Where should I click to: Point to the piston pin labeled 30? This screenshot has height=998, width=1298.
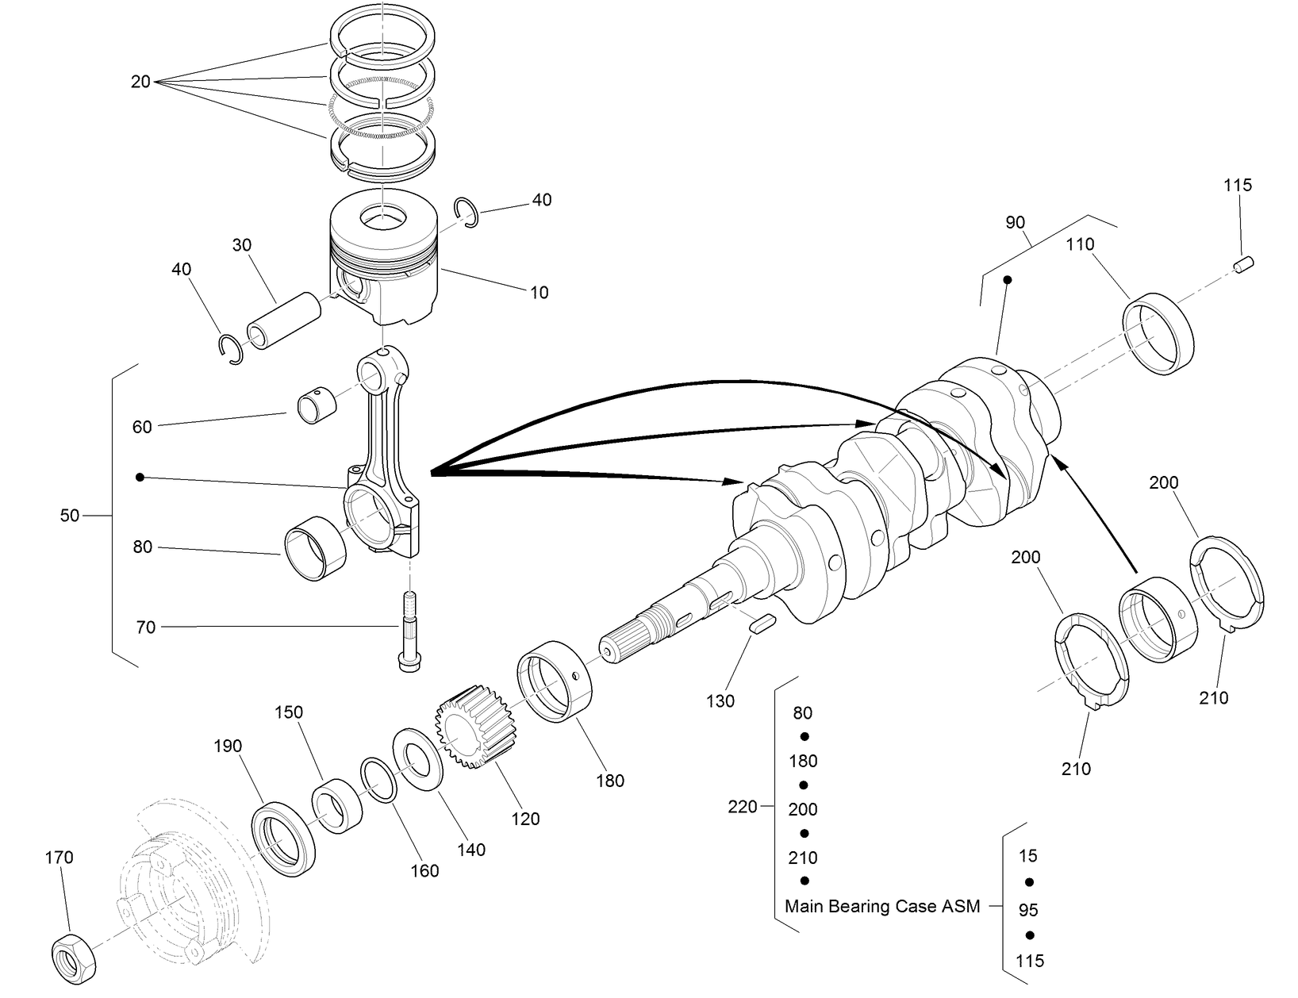[x=284, y=321]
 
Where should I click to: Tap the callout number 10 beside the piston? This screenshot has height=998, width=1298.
[x=539, y=293]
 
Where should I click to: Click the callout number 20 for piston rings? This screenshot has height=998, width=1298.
[x=140, y=81]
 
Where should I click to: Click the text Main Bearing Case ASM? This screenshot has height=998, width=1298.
[x=881, y=906]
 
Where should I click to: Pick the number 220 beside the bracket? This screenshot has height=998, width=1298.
[x=743, y=807]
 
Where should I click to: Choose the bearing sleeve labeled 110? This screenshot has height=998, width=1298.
[x=1159, y=333]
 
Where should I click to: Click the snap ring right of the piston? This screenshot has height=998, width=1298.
[x=467, y=213]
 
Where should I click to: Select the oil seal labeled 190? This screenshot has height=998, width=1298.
[x=284, y=839]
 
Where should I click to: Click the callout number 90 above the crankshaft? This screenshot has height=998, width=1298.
[x=1015, y=223]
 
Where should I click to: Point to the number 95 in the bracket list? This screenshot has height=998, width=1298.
[x=1028, y=910]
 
